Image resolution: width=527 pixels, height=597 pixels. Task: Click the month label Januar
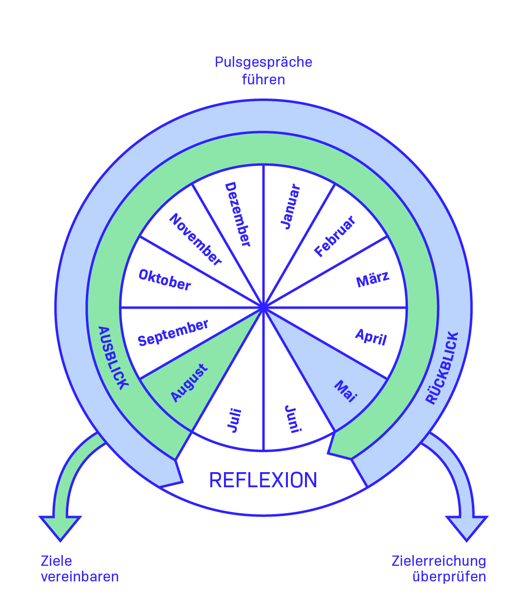tap(291, 207)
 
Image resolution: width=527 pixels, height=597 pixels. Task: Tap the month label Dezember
tap(238, 215)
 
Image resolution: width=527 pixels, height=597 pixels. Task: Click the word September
tap(173, 333)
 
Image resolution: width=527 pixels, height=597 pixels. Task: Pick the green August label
tap(189, 383)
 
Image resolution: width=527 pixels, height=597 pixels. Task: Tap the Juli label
tap(235, 420)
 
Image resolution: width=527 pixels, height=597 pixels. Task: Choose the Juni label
tap(293, 419)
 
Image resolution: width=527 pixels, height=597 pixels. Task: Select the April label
tap(371, 337)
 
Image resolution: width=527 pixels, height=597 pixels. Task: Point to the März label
tap(373, 280)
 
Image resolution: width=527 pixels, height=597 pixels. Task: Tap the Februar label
tap(335, 237)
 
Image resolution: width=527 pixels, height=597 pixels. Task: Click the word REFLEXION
tap(263, 480)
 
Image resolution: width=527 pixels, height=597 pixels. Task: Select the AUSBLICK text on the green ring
tap(113, 358)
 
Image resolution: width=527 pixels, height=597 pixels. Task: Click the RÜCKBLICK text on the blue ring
tap(443, 368)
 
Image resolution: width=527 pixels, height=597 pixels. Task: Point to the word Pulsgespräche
tap(263, 62)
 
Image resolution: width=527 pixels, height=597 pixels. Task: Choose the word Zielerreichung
tap(439, 561)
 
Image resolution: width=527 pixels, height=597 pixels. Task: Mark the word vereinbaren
tap(80, 577)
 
